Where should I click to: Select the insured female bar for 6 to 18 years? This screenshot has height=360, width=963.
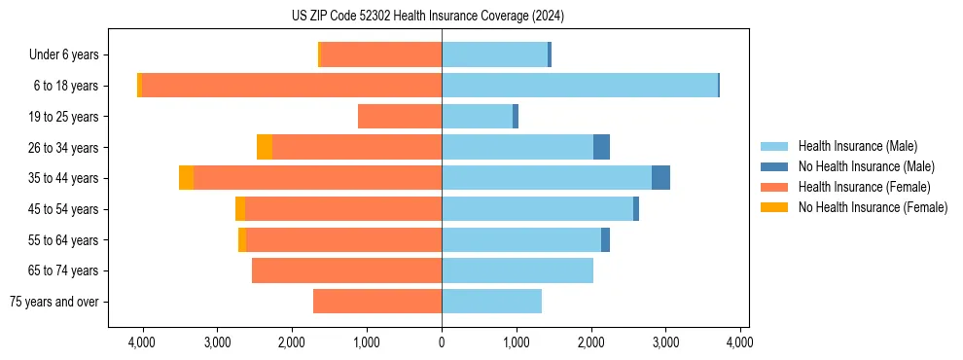click(x=292, y=86)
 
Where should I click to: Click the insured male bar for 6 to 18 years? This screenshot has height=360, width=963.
click(x=580, y=86)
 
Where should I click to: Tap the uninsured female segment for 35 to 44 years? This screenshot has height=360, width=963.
click(x=186, y=178)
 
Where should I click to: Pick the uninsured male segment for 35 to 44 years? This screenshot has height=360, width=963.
click(x=660, y=178)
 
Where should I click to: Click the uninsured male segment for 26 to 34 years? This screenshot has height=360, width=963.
click(x=601, y=147)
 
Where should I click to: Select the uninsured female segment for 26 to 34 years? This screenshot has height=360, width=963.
click(x=265, y=147)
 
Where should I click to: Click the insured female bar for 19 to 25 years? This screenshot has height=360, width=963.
click(x=400, y=117)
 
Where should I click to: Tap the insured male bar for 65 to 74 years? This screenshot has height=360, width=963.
click(x=517, y=270)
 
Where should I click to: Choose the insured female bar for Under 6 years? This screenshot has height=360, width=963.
click(x=381, y=54)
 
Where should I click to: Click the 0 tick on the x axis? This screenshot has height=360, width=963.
click(x=442, y=342)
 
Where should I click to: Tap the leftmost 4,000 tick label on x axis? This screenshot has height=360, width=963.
click(x=142, y=342)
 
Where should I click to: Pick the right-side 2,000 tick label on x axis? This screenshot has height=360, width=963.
click(x=590, y=342)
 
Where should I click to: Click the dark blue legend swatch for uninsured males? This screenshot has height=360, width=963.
click(x=775, y=166)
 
